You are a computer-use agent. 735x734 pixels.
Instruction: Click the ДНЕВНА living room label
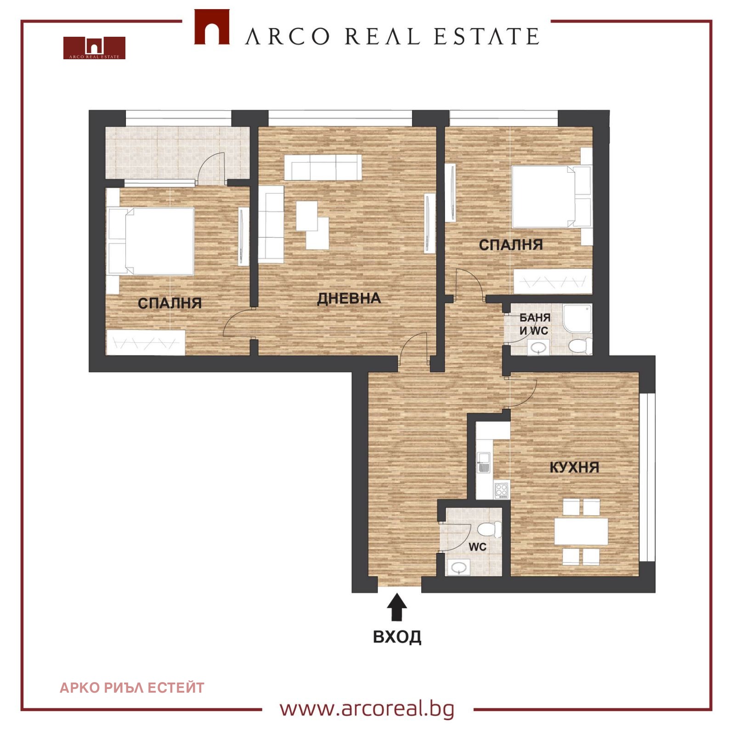(x=349, y=299)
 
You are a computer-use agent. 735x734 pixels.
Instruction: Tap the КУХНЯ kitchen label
(x=574, y=467)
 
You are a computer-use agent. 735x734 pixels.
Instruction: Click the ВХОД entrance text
(x=397, y=637)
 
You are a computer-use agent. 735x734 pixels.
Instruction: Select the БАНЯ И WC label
(x=535, y=324)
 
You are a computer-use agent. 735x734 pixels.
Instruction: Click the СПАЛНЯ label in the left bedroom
(x=170, y=303)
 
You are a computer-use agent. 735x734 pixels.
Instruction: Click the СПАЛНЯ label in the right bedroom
(x=511, y=245)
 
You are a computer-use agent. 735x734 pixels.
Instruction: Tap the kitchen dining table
(x=581, y=531)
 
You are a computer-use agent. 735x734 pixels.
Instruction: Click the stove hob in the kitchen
(x=502, y=490)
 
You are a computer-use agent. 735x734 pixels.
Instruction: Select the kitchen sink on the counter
(x=483, y=462)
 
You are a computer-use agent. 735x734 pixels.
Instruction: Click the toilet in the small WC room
(x=490, y=529)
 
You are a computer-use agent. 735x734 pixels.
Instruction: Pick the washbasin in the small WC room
(x=459, y=568)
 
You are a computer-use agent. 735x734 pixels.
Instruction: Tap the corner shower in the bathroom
(x=577, y=318)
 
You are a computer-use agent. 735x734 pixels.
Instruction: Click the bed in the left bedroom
(x=151, y=242)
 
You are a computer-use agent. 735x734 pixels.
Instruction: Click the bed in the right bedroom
(x=551, y=197)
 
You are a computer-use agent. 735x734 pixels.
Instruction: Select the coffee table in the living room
(x=312, y=225)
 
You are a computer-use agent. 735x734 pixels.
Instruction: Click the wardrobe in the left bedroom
(x=146, y=342)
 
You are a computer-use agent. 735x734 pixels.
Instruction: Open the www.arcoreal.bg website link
(x=367, y=709)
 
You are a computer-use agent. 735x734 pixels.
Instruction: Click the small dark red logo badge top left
(x=94, y=48)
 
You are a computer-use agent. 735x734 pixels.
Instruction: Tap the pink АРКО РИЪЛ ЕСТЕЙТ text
(x=132, y=688)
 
